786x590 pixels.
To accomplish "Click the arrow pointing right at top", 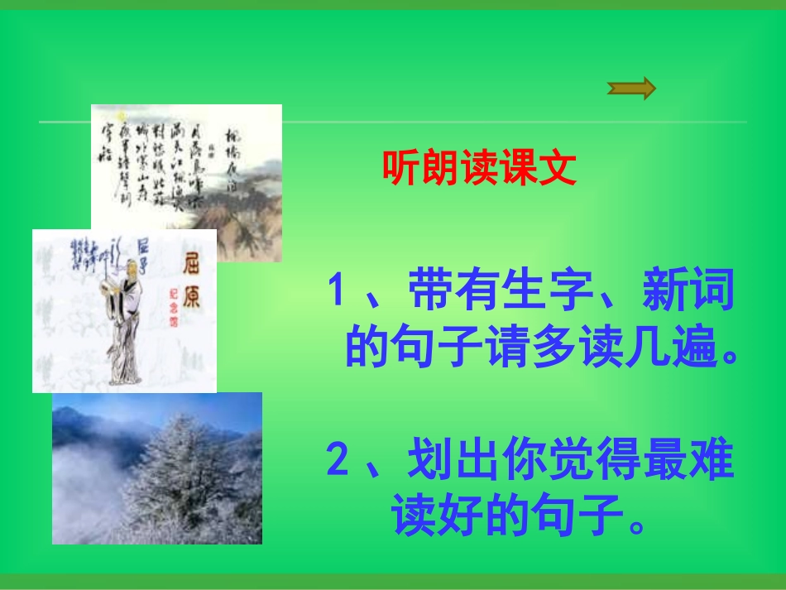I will (631, 88).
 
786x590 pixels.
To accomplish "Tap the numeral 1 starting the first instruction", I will (336, 292).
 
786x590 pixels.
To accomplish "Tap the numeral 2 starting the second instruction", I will (337, 461).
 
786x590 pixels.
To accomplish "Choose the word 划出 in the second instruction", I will (448, 461).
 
